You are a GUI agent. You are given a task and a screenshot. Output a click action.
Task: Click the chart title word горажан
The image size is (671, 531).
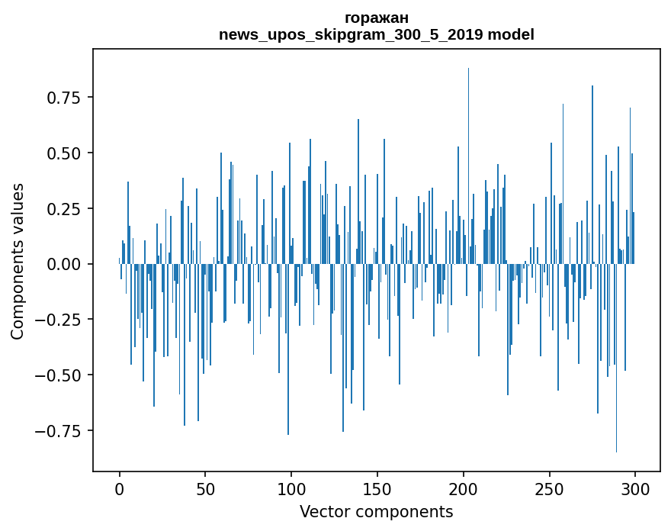[x=377, y=18]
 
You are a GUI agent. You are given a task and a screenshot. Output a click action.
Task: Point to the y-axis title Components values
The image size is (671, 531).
[x=18, y=261]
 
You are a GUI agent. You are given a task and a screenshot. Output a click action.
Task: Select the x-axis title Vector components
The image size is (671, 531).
[x=377, y=512]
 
